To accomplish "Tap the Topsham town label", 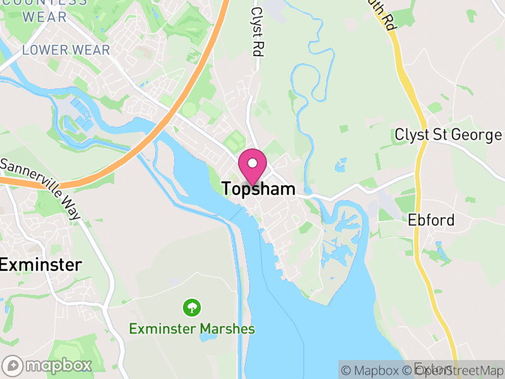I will point(259,188).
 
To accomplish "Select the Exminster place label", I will point(40,265).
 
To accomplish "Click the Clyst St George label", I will point(448,135).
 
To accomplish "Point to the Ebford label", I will point(431,220).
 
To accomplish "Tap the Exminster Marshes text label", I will point(192,328).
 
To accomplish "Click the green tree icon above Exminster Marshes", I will point(191,308).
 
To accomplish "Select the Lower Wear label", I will point(66,50).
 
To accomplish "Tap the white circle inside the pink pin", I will point(252,164).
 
